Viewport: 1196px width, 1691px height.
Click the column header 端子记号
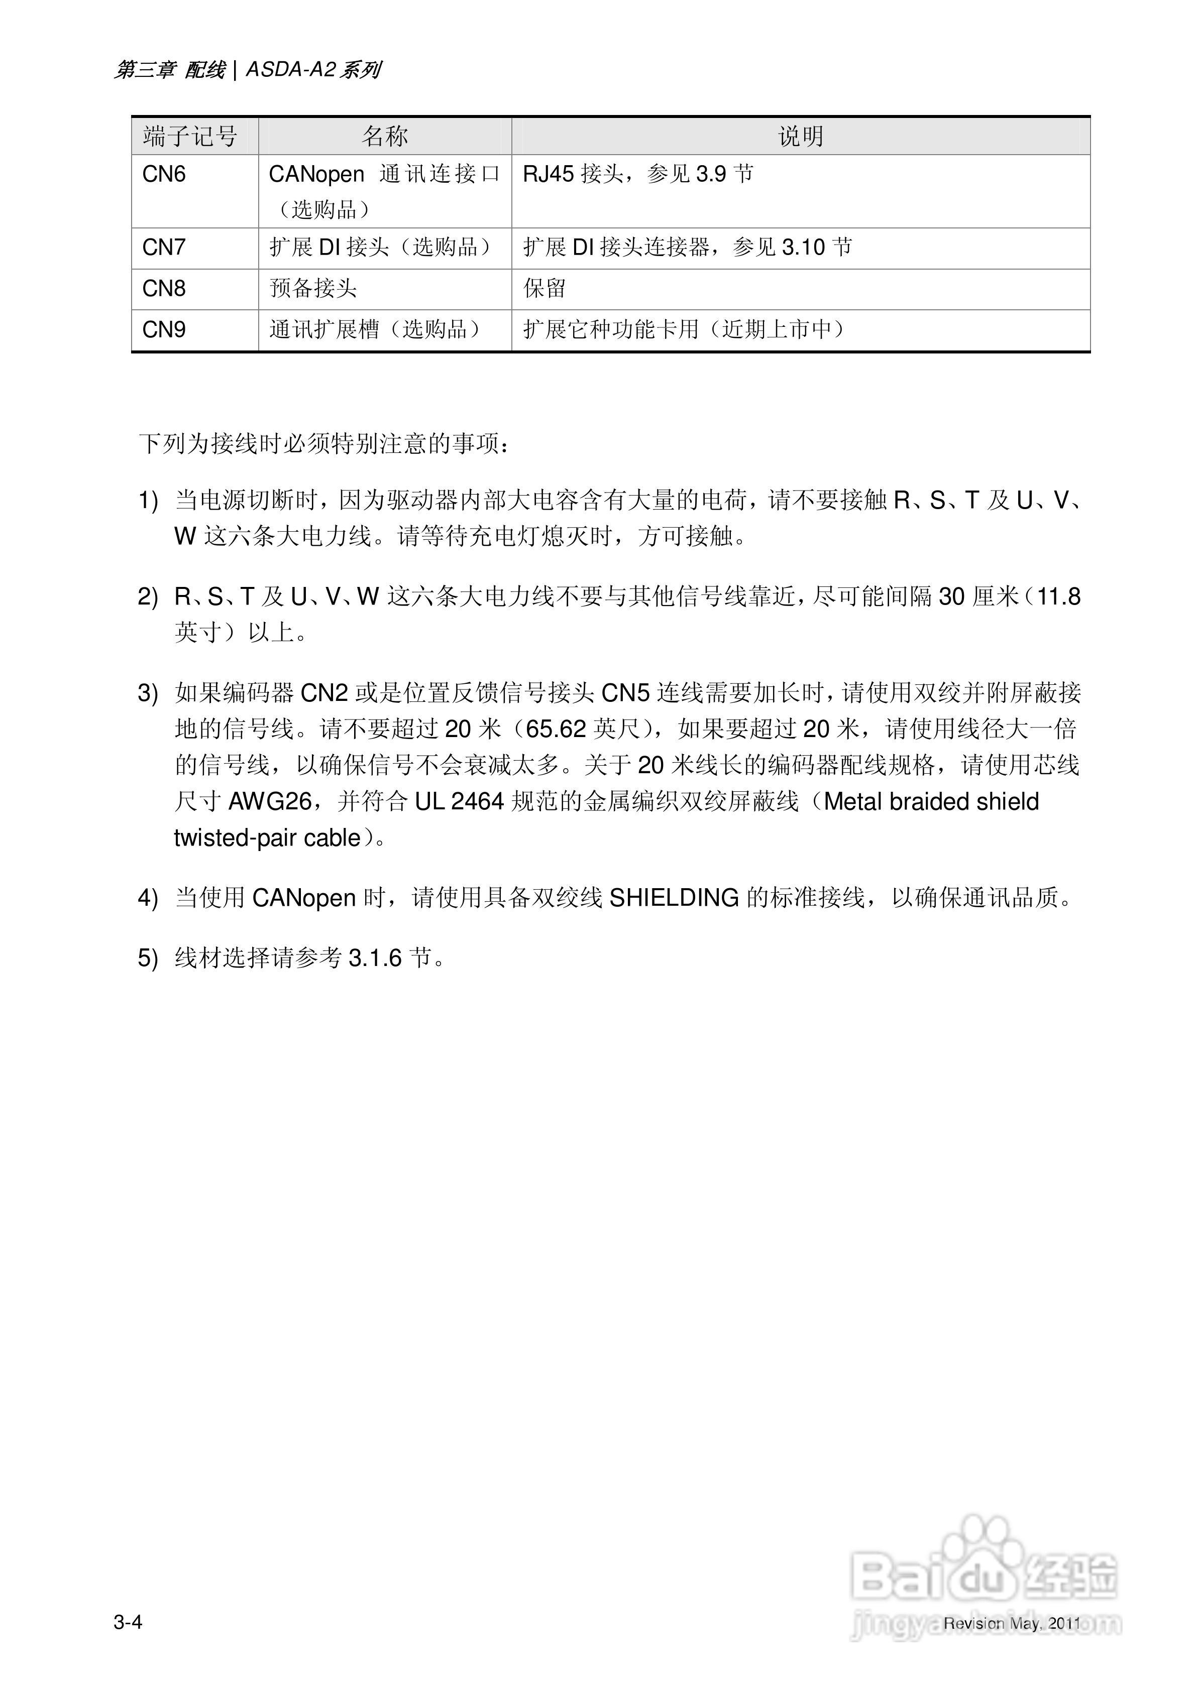(x=190, y=136)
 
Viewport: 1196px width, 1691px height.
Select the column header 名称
(x=385, y=136)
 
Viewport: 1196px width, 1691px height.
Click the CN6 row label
(x=164, y=175)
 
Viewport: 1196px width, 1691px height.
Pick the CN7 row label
(x=164, y=248)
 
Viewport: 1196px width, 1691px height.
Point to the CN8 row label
(x=164, y=289)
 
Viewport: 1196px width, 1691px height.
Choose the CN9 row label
(x=164, y=329)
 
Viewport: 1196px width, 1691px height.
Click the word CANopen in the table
(x=316, y=175)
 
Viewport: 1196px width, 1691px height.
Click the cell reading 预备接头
(x=313, y=289)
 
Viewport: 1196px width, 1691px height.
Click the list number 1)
(x=148, y=501)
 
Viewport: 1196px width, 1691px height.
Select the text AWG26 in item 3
(x=270, y=801)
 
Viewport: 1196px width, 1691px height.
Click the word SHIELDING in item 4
(x=674, y=898)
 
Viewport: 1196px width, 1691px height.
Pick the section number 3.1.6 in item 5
(x=375, y=958)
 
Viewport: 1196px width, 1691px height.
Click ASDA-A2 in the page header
(x=290, y=70)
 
